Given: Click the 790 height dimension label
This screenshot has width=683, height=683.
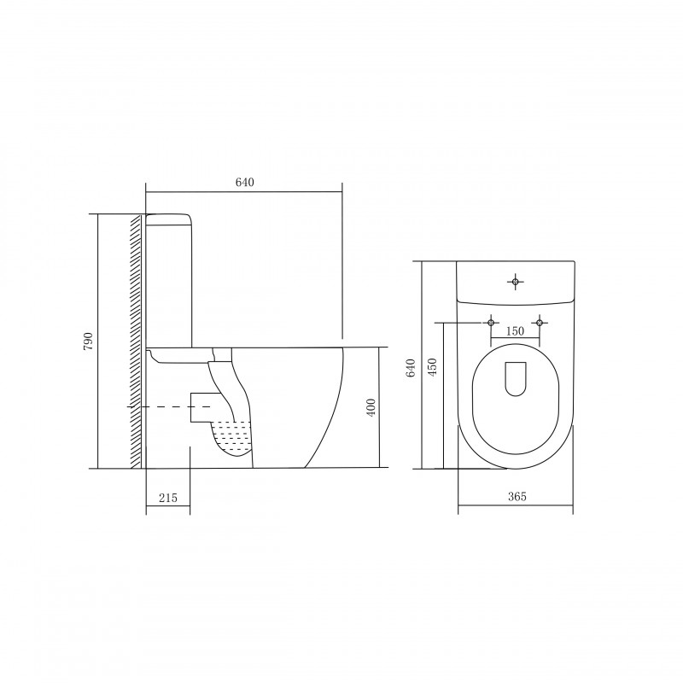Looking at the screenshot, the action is pos(89,341).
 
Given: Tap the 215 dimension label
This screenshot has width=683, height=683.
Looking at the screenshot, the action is pos(167,498).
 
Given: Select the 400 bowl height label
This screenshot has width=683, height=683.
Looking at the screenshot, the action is pos(371,407).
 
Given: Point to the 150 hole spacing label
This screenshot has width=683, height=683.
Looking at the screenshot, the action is pos(515,331).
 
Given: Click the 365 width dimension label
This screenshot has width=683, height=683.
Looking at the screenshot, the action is pos(517,496).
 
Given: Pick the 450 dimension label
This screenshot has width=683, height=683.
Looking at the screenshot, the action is pos(432,367).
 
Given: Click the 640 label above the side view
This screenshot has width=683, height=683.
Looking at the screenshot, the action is pos(245,182).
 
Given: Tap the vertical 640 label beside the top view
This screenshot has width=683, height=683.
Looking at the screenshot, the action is pos(411,368).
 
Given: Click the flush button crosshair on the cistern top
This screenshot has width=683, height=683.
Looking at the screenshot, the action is pos(516,282).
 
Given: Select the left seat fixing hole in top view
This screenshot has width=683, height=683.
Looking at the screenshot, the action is pos(491,323).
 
